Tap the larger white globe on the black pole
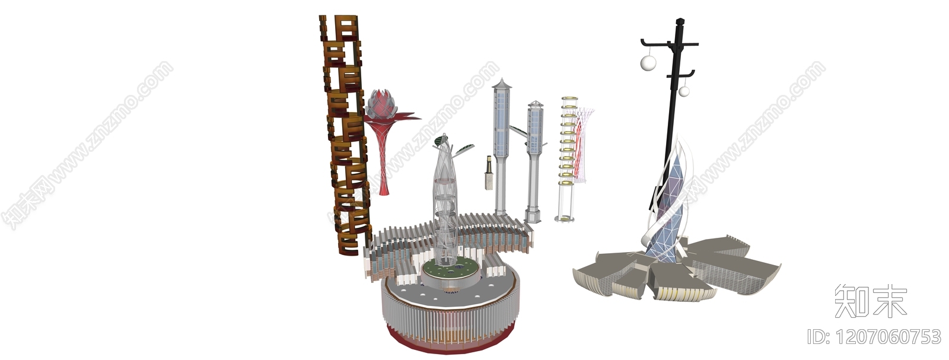point(648,63)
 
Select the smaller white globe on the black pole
point(684,91)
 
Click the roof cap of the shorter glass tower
point(535,104)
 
